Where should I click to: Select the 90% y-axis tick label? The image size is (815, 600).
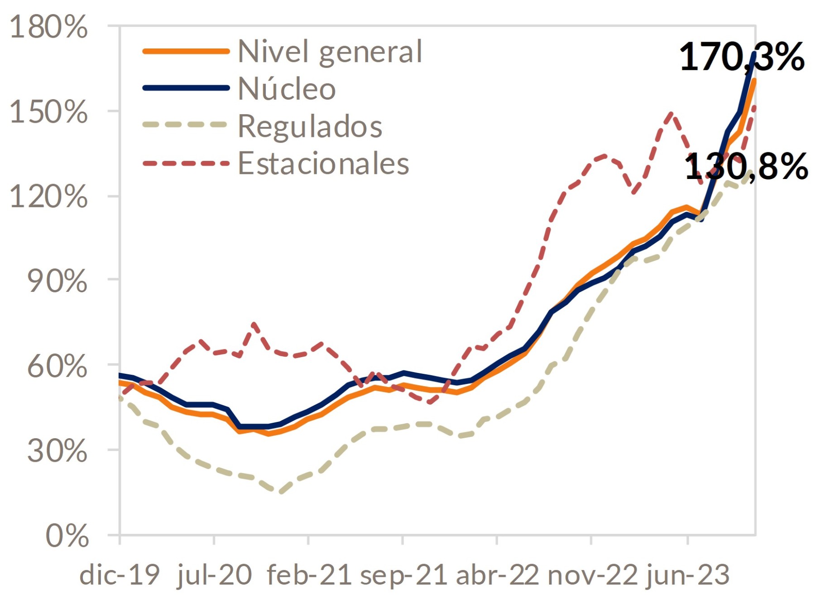pyautogui.click(x=57, y=281)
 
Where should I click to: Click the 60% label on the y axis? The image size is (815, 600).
pyautogui.click(x=57, y=366)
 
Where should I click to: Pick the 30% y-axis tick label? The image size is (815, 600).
pyautogui.click(x=57, y=451)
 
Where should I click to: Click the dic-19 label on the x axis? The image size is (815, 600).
pyautogui.click(x=120, y=575)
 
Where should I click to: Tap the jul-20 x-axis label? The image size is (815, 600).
pyautogui.click(x=214, y=575)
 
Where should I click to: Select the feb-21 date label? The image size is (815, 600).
pyautogui.click(x=309, y=575)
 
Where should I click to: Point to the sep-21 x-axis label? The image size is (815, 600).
pyautogui.click(x=403, y=575)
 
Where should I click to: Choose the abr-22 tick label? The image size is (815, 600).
pyautogui.click(x=497, y=575)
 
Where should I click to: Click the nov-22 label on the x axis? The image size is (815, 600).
pyautogui.click(x=592, y=575)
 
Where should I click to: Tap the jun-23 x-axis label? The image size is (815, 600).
pyautogui.click(x=688, y=575)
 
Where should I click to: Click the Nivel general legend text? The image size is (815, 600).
pyautogui.click(x=330, y=52)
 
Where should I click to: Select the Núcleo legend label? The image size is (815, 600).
pyautogui.click(x=287, y=89)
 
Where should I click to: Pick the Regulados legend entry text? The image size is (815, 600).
pyautogui.click(x=310, y=126)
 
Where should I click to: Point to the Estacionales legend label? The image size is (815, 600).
pyautogui.click(x=323, y=164)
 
